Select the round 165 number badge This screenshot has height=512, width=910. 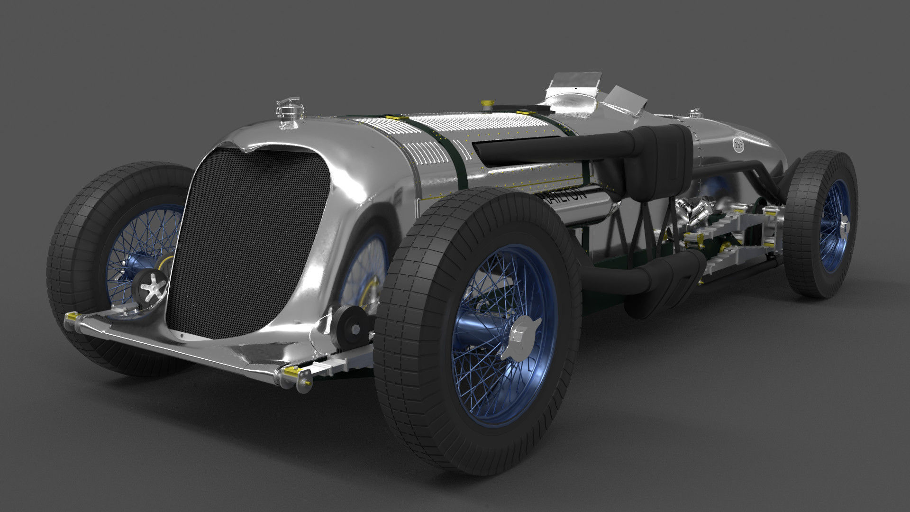tap(738, 145)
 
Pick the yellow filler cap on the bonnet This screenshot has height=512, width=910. tap(485, 103)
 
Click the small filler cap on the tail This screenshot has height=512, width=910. tap(695, 113)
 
